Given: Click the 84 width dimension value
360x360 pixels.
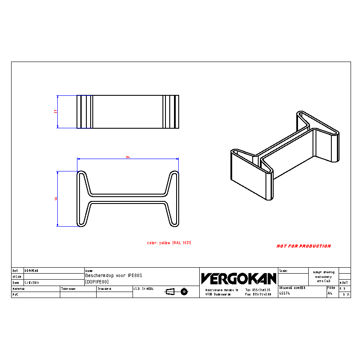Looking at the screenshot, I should coord(127,157).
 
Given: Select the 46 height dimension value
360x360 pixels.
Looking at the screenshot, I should coord(56,198).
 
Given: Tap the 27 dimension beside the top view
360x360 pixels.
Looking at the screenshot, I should coord(56,111).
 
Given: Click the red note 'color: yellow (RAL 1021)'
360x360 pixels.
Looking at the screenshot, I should coord(169,243).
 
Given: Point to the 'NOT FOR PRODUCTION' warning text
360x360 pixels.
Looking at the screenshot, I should coord(304,246).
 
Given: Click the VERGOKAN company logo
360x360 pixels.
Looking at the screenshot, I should coord(239,279).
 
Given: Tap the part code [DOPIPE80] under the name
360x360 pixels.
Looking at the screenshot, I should coord(97,282).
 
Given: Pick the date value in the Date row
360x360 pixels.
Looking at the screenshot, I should coord(32,283).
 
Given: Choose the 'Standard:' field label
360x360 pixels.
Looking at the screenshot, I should coord(104,289).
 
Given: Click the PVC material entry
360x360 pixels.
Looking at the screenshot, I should coord(15,295).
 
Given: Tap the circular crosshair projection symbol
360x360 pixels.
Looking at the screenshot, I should coord(184,292).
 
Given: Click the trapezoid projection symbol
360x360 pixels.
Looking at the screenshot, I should coord(170,292).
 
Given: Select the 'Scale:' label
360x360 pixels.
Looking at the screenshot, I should coord(283,271).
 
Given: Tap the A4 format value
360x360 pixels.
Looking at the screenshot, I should coord(330,294).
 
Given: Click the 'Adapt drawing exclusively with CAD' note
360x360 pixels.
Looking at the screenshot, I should coord(324,277).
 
